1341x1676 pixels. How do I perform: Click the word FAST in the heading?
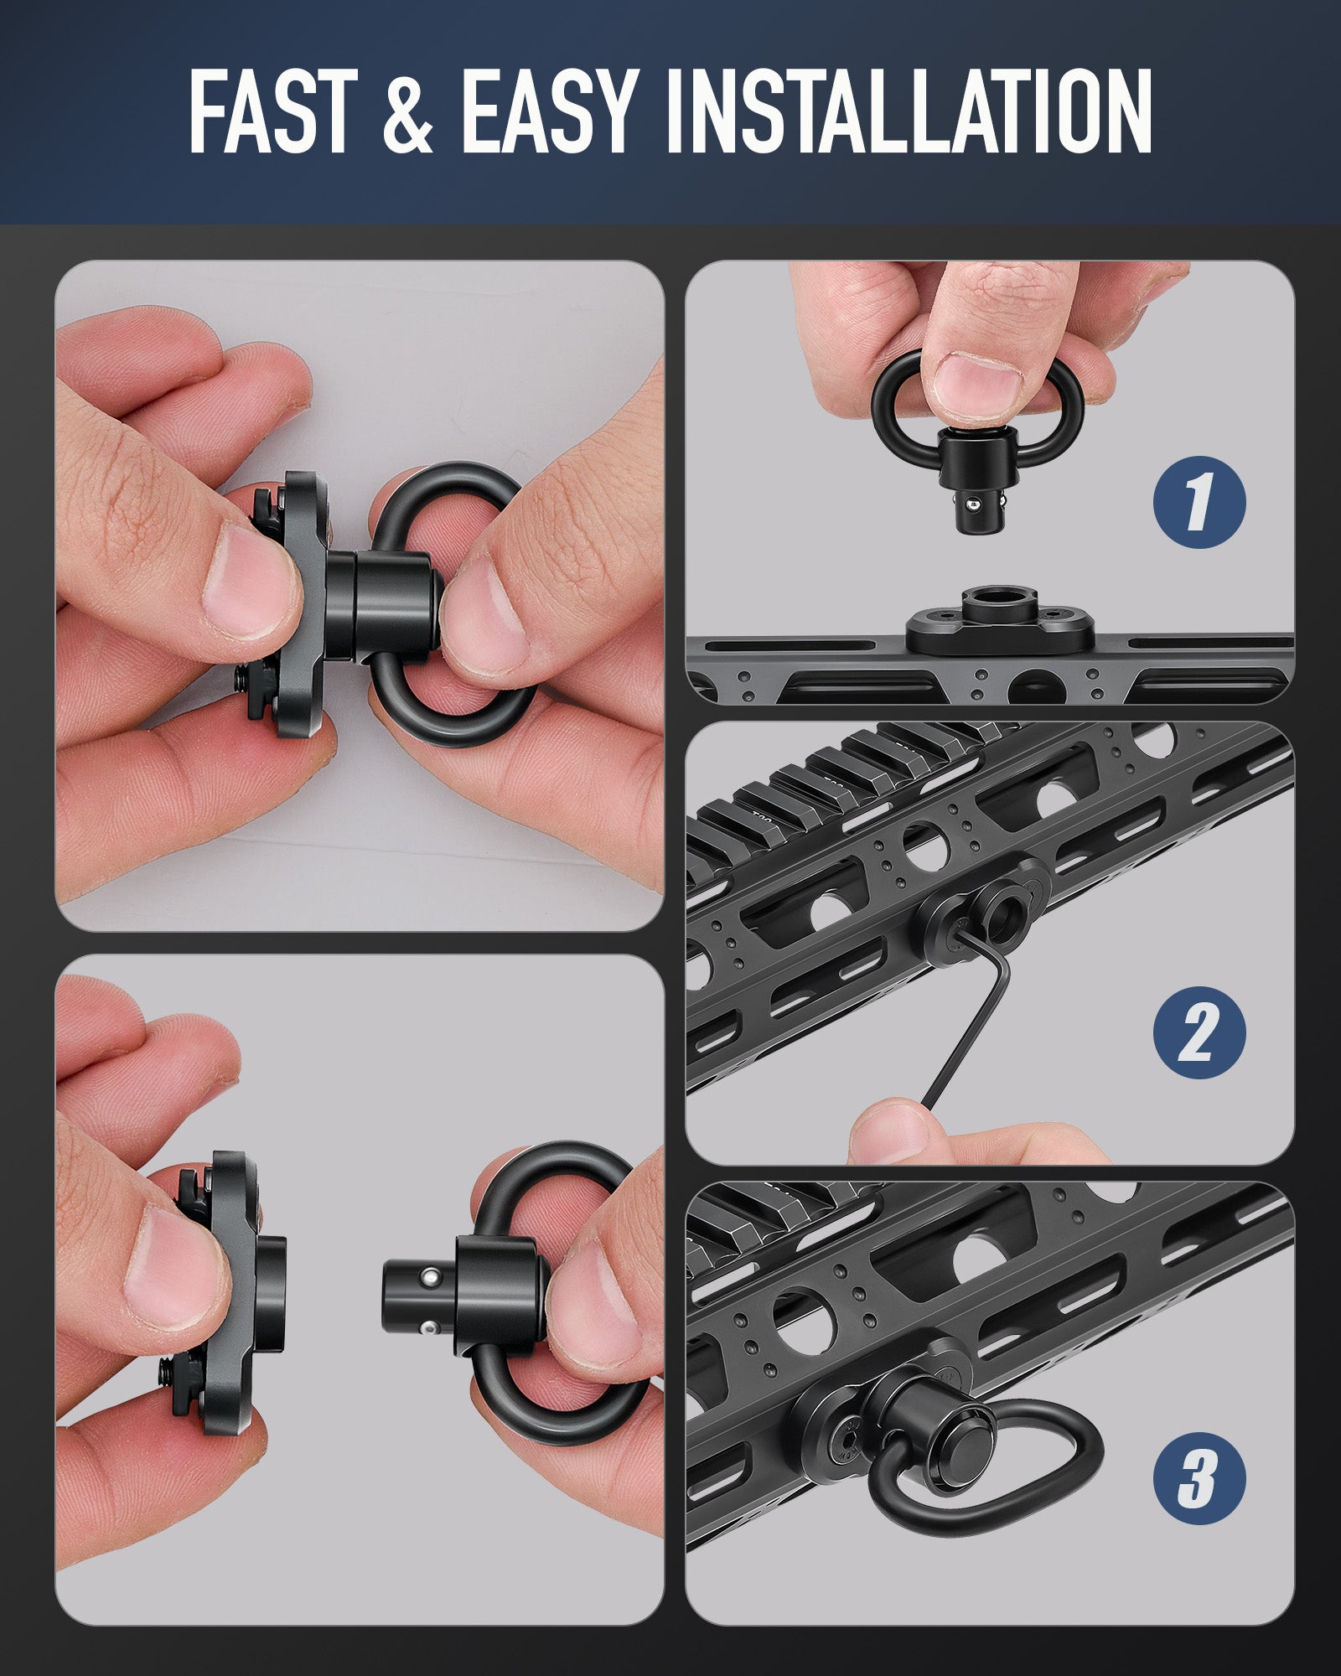[272, 113]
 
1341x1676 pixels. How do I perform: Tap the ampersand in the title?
[408, 113]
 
